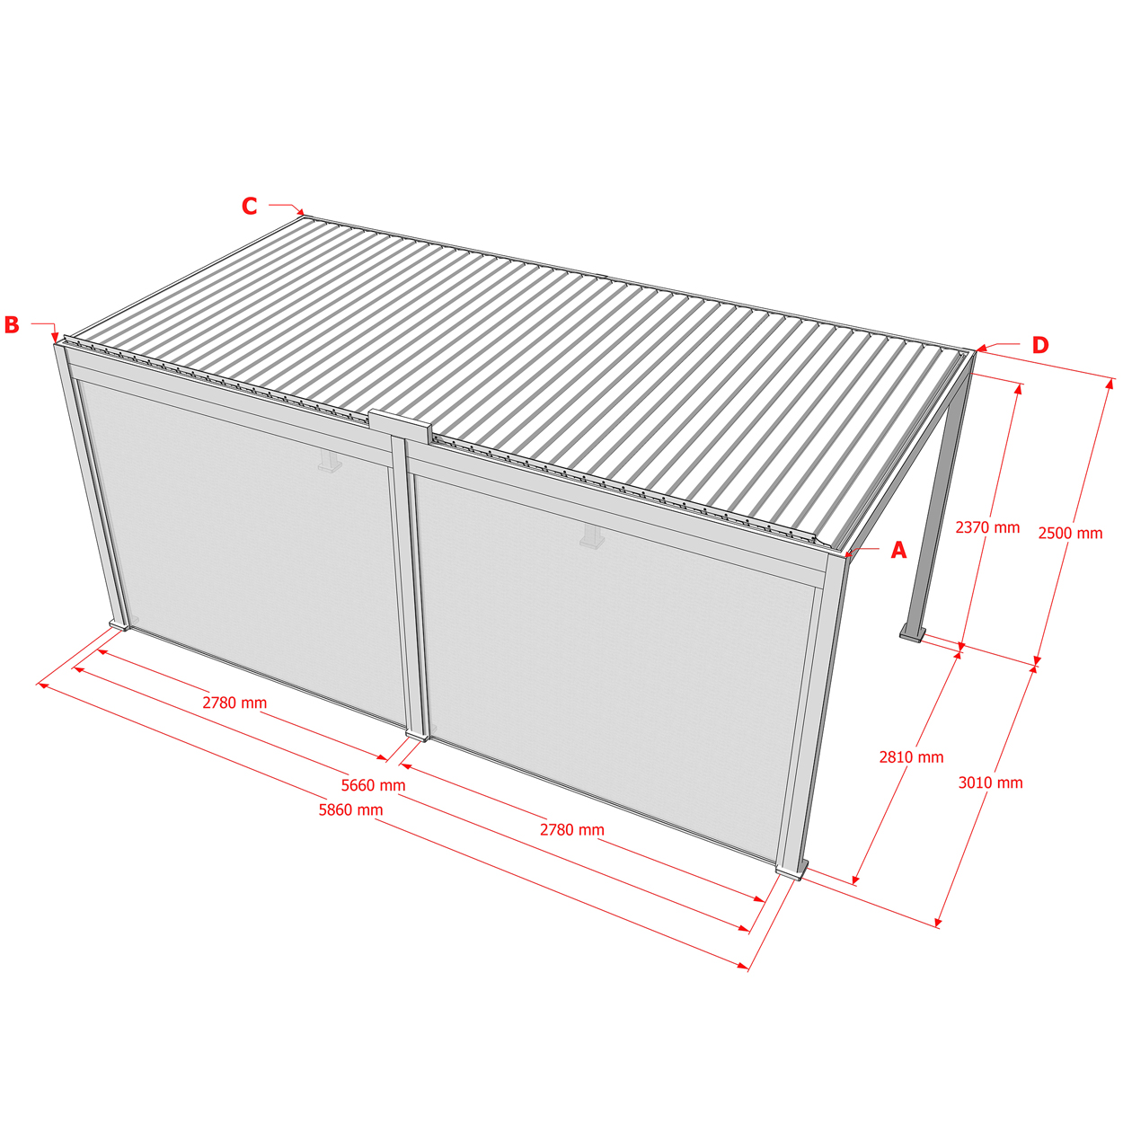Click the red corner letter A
898,550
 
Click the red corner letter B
12,325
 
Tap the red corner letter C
250,207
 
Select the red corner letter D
1040,346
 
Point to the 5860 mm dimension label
351,810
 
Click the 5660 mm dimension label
373,785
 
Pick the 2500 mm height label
1071,534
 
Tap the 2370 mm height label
988,527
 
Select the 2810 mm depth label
912,757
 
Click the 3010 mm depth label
991,783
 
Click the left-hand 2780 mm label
234,703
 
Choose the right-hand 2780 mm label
572,830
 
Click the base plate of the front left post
120,625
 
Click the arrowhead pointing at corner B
56,338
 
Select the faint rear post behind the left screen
331,460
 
